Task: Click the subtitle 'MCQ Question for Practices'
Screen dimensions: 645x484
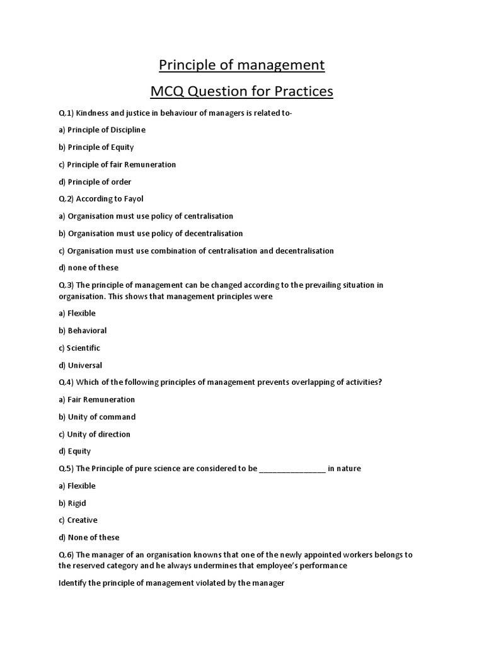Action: [x=241, y=92]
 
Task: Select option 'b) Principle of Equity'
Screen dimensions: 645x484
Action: [x=96, y=147]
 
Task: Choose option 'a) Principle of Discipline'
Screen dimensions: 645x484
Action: [x=101, y=130]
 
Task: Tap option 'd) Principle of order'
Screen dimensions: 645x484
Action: [x=95, y=182]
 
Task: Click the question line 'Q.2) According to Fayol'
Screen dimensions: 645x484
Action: [x=101, y=199]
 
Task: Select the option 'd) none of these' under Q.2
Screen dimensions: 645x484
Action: [x=88, y=268]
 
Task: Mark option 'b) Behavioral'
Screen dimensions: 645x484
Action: [x=83, y=331]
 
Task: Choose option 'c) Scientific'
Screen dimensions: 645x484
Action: [x=79, y=348]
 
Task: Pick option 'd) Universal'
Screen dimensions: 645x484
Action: [x=80, y=365]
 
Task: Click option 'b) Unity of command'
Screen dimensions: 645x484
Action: [x=96, y=417]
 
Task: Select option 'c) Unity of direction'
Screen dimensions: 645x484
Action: [x=95, y=434]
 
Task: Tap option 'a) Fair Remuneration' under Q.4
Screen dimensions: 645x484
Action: [x=96, y=399]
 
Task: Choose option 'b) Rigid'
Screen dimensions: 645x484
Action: [x=72, y=503]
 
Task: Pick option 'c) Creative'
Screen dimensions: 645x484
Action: [x=78, y=520]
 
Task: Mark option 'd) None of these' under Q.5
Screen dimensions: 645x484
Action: [x=89, y=537]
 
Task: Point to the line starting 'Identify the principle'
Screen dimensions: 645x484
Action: [x=171, y=583]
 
